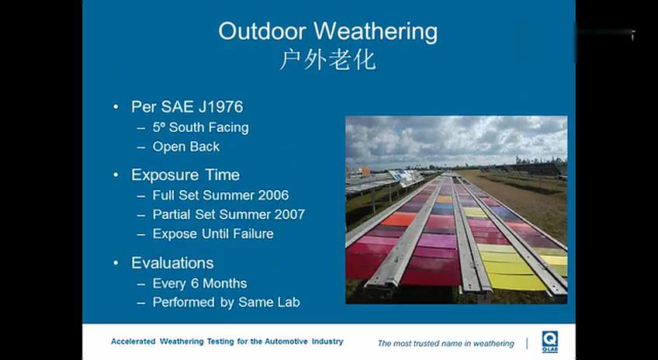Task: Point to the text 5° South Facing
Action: tap(200, 127)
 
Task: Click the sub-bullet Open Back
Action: tap(185, 147)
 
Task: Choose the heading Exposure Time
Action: tap(185, 175)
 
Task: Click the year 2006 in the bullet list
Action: tap(272, 195)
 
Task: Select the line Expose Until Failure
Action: tap(213, 234)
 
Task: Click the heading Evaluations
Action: tap(172, 262)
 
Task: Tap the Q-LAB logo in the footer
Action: tap(550, 341)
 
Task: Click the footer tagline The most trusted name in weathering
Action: tap(445, 343)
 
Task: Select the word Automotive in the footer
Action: tap(274, 341)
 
